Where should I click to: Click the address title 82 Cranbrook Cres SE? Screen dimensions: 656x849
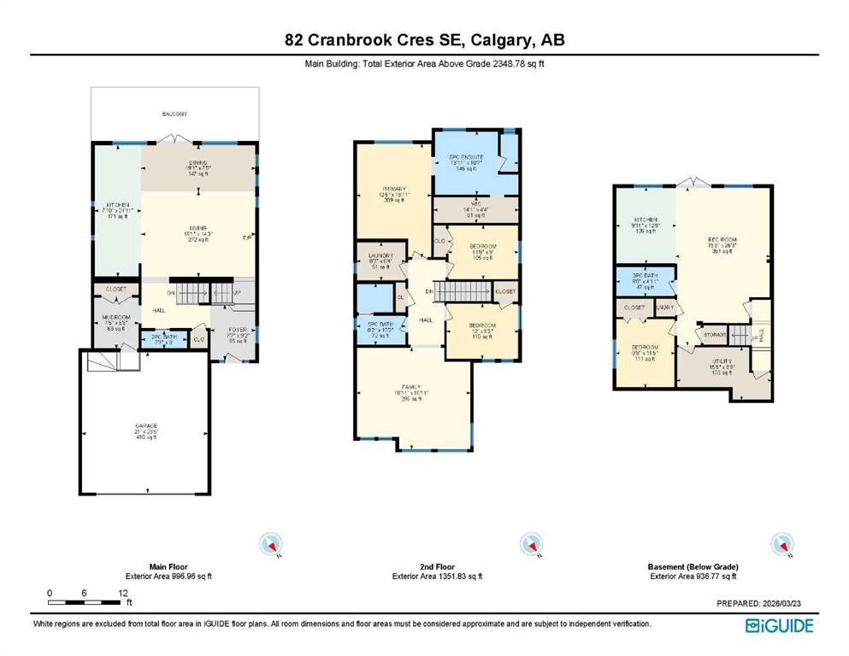[424, 40]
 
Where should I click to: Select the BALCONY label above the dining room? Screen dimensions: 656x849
[174, 114]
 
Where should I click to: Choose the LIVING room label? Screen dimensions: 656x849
[198, 228]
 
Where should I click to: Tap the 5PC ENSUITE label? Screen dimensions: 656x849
[467, 158]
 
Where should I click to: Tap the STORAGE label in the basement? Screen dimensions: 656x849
[715, 335]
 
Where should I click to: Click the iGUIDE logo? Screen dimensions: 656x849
[779, 625]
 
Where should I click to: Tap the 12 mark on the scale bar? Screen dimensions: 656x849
[123, 593]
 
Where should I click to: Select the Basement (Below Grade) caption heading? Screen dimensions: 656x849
[693, 566]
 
